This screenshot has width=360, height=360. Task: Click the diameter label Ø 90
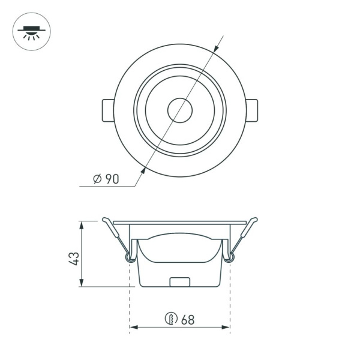click(107, 179)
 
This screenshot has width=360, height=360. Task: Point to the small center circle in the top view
click(179, 111)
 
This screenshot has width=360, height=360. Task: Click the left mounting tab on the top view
click(106, 111)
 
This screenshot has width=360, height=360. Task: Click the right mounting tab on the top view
click(253, 111)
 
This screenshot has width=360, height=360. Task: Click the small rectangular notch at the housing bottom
click(180, 281)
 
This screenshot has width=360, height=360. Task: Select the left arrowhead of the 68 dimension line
click(134, 328)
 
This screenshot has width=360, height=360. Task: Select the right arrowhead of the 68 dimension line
click(226, 328)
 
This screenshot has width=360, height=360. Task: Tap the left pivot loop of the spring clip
click(128, 257)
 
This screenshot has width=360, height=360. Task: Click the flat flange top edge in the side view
click(180, 221)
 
